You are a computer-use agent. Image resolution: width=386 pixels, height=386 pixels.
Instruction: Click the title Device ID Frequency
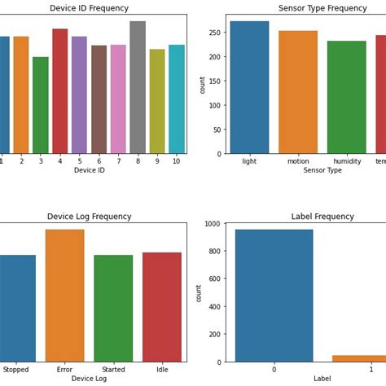[x=90, y=8]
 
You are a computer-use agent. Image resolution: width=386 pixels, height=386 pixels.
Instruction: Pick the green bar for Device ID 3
[x=41, y=106]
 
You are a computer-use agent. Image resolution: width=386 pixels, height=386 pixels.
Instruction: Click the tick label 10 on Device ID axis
[x=176, y=161]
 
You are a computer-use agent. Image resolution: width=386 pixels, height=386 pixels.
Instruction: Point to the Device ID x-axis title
[x=90, y=170]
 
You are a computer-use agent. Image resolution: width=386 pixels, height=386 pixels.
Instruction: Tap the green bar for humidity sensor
[x=346, y=98]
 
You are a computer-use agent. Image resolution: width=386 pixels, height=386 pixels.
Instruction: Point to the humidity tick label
[x=346, y=161]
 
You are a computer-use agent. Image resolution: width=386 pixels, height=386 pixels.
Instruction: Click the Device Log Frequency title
[x=90, y=217]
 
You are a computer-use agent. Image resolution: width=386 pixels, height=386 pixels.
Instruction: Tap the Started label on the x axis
[x=113, y=370]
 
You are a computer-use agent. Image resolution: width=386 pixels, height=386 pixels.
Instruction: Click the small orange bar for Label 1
[x=359, y=358]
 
